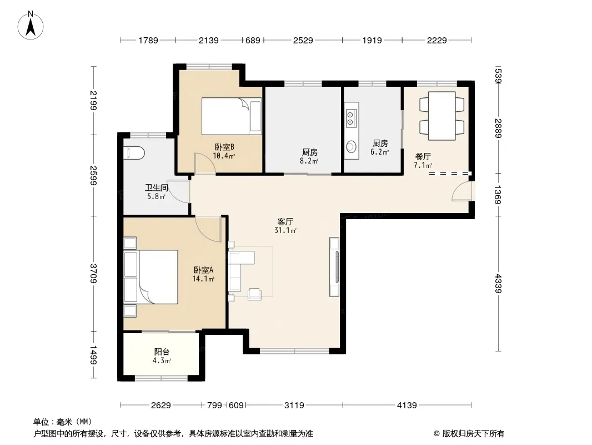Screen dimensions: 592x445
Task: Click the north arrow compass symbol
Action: (x=31, y=26)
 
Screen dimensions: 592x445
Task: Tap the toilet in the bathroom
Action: (x=134, y=153)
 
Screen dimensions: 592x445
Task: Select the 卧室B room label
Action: (x=225, y=147)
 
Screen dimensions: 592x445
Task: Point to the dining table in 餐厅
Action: (x=442, y=116)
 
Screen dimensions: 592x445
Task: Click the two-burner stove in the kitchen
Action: (x=352, y=117)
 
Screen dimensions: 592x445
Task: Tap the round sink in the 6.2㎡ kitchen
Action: (x=352, y=146)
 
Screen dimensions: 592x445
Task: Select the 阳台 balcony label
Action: (x=162, y=352)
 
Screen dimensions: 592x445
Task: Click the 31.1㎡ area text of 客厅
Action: (x=285, y=230)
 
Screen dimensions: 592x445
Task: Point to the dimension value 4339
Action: (x=498, y=284)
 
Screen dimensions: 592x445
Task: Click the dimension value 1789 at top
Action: (x=148, y=40)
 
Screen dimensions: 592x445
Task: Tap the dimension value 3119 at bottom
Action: (x=294, y=406)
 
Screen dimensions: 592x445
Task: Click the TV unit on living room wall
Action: (x=334, y=267)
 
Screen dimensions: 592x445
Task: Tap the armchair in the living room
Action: (x=254, y=294)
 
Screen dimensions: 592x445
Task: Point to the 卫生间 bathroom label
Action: (x=156, y=187)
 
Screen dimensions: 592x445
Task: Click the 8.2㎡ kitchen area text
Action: (x=309, y=161)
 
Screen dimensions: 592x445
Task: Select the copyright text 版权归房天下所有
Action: (x=473, y=434)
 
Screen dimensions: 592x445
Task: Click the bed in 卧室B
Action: (x=232, y=116)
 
